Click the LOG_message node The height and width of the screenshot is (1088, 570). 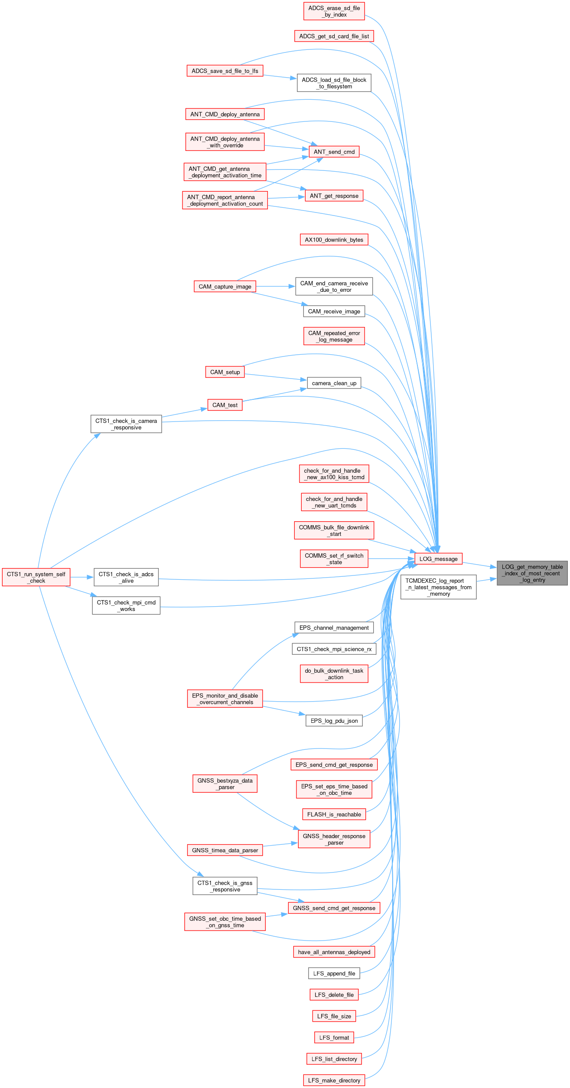[x=438, y=559]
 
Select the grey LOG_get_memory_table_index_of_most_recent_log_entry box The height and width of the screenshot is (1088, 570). [x=532, y=573]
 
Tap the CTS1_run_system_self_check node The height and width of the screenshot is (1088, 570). [x=36, y=577]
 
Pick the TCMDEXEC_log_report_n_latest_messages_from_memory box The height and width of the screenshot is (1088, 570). [x=438, y=587]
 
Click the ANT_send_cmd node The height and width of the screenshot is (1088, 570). [x=334, y=152]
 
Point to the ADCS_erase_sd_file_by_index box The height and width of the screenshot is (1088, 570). [x=334, y=11]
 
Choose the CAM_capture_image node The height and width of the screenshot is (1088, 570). [x=225, y=287]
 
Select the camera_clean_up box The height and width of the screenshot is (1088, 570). [x=334, y=383]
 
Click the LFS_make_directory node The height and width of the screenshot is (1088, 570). [x=334, y=1080]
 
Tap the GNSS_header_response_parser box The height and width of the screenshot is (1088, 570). [x=334, y=839]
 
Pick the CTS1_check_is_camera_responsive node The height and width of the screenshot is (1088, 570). [x=126, y=424]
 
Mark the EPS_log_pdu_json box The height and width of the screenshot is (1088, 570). [x=334, y=721]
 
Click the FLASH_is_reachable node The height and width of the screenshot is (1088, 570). [x=334, y=814]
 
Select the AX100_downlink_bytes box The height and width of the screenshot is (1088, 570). [x=334, y=240]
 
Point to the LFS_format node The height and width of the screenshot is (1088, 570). [x=334, y=1038]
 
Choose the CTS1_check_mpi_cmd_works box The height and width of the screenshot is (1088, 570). [x=126, y=605]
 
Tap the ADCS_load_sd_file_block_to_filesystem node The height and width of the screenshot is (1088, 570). [x=334, y=83]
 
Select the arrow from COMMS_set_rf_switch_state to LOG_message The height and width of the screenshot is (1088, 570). [x=391, y=559]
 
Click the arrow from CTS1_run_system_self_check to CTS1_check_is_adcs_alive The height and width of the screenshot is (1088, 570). [x=82, y=577]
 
